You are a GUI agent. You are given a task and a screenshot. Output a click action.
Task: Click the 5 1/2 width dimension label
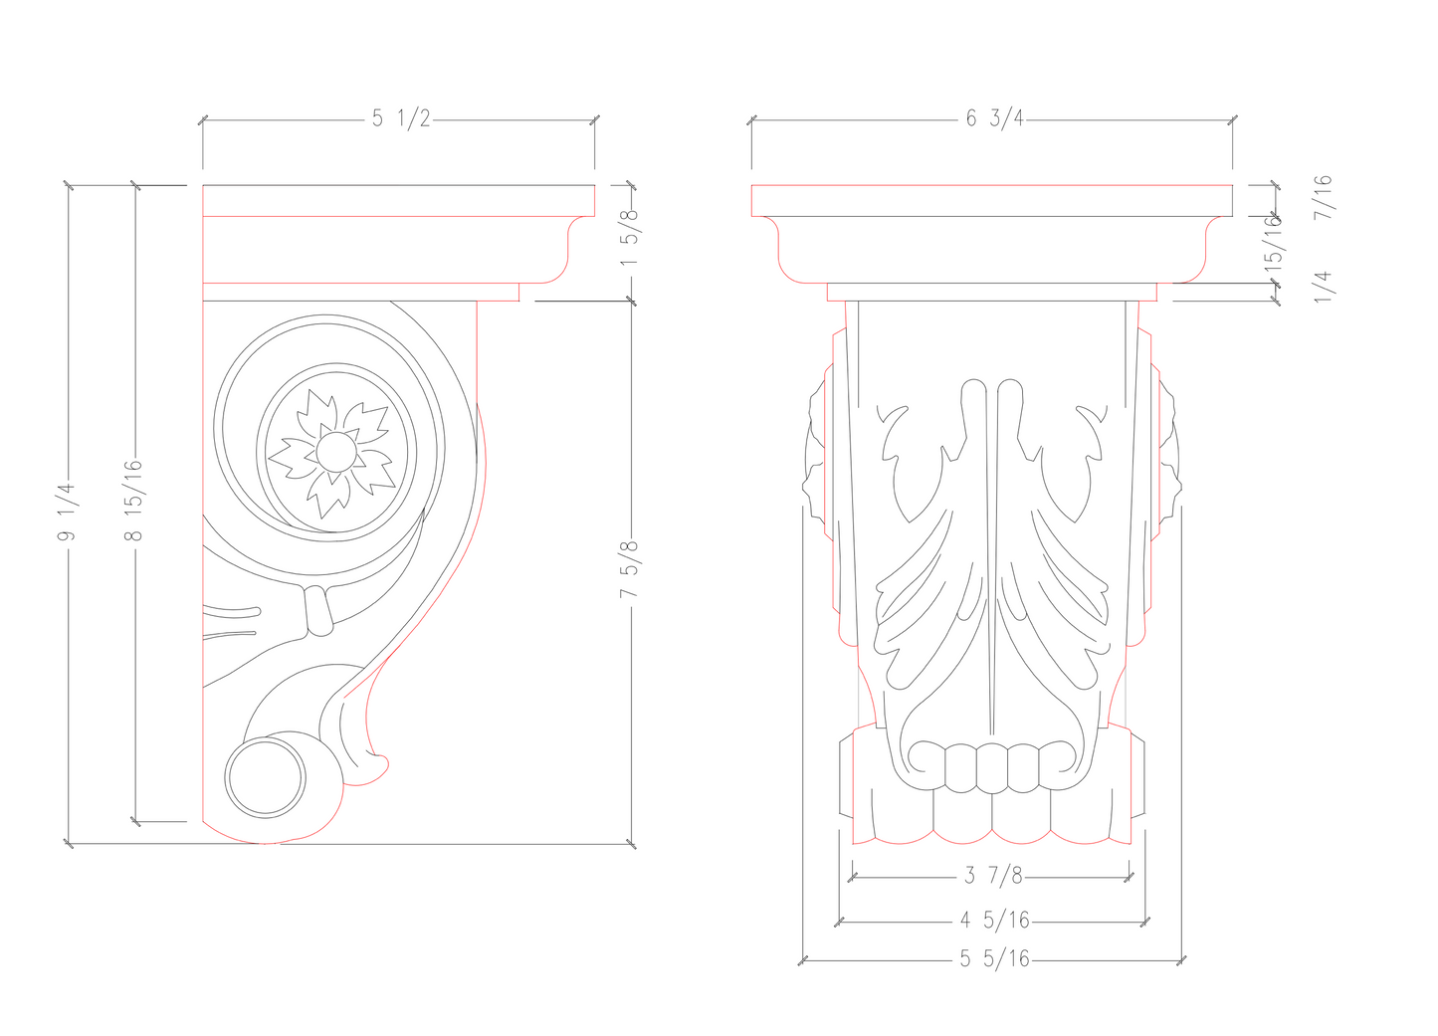[401, 118]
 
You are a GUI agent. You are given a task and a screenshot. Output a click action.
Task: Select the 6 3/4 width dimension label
[993, 118]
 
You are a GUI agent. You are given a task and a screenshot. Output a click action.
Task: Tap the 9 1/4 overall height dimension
[67, 513]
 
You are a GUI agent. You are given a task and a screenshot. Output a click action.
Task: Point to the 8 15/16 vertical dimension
[134, 501]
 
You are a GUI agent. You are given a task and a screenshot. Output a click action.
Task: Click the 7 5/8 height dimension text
[629, 569]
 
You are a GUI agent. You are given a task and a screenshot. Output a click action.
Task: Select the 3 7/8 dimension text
[992, 876]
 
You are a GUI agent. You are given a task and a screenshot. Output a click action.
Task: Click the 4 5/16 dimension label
[994, 921]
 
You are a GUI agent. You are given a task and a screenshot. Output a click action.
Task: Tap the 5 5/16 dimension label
[994, 959]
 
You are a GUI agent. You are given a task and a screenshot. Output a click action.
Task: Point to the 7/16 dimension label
[1322, 197]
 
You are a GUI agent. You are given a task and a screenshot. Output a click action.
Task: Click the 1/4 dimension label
[1322, 286]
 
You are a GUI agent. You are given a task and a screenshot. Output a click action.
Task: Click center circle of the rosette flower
[336, 453]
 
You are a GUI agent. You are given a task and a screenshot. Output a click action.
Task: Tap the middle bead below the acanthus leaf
[992, 767]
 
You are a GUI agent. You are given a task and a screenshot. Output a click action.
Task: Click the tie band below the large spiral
[318, 610]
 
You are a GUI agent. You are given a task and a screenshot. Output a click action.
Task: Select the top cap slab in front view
[992, 200]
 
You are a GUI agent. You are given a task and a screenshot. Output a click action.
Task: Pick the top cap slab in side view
[398, 200]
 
